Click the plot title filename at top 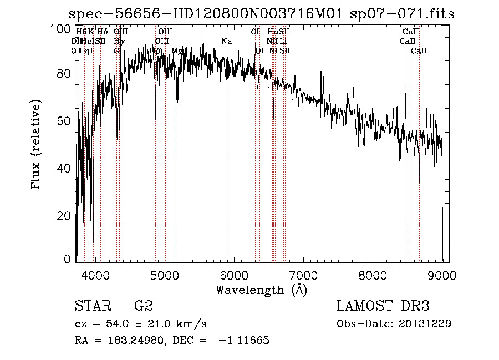tap(261, 14)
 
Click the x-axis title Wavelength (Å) tap(261, 290)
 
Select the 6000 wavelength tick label tap(233, 274)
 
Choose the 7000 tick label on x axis tap(303, 274)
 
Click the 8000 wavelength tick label tap(373, 274)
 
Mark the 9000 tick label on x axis tap(442, 274)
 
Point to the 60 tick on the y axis tap(63, 121)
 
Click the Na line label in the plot tap(226, 42)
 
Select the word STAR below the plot tap(92, 306)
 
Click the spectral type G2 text tap(144, 306)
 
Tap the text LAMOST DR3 tap(383, 306)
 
